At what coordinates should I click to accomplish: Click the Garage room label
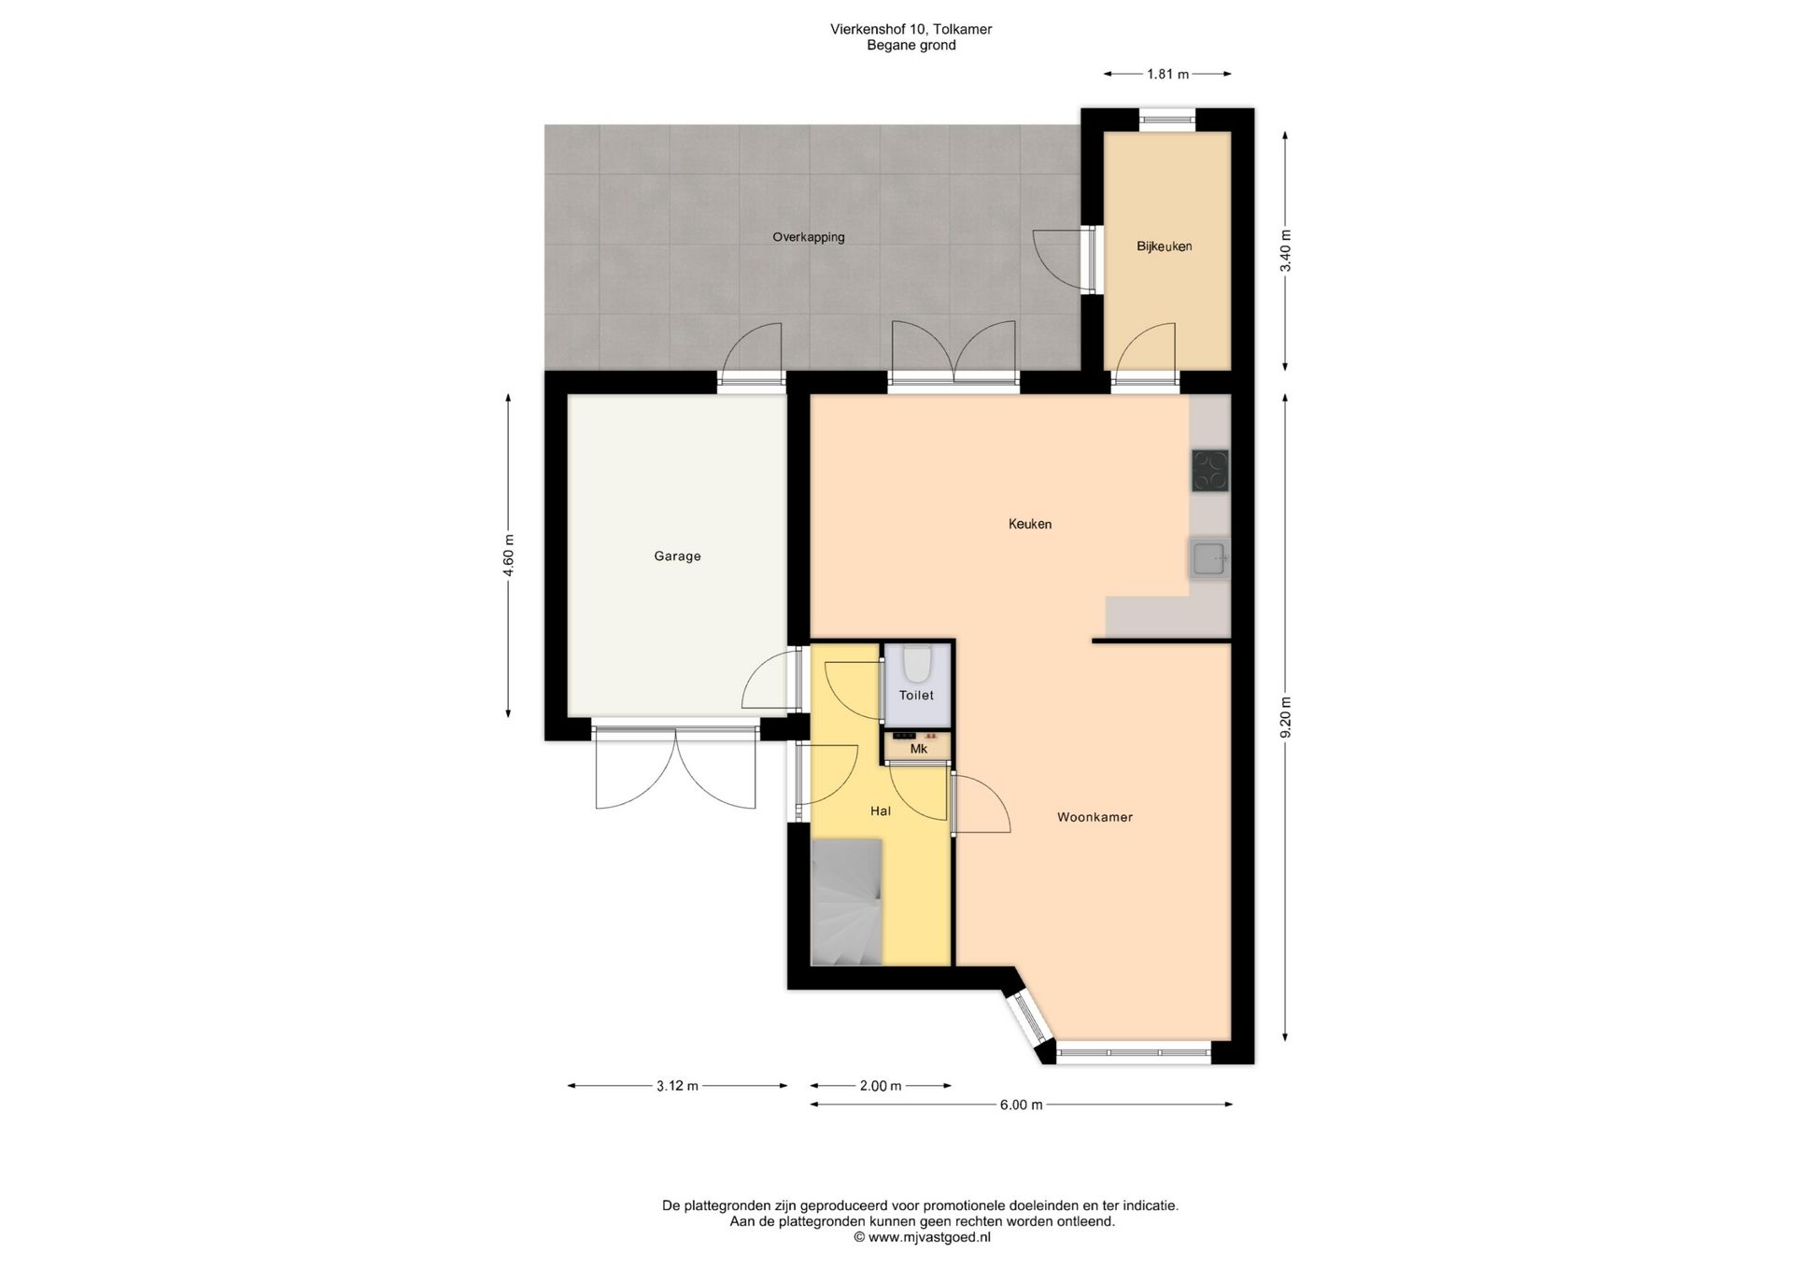pyautogui.click(x=677, y=557)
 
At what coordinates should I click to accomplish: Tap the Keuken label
pyautogui.click(x=1030, y=524)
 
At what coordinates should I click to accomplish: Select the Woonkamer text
pyautogui.click(x=1094, y=817)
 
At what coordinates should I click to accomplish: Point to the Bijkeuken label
pyautogui.click(x=1165, y=247)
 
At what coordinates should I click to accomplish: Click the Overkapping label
pyautogui.click(x=809, y=237)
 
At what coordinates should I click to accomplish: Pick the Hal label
pyautogui.click(x=881, y=811)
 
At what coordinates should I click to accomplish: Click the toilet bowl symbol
pyautogui.click(x=917, y=663)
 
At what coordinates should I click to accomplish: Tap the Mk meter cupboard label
pyautogui.click(x=919, y=749)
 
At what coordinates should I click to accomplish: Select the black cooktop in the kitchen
pyautogui.click(x=1210, y=471)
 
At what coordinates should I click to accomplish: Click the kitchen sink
pyautogui.click(x=1209, y=558)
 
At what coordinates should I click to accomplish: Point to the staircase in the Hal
pyautogui.click(x=847, y=902)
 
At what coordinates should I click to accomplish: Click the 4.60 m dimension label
pyautogui.click(x=509, y=556)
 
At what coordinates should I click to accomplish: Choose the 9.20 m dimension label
pyautogui.click(x=1286, y=717)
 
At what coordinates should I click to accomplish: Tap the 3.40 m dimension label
pyautogui.click(x=1286, y=251)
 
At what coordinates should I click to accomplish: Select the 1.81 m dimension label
pyautogui.click(x=1167, y=74)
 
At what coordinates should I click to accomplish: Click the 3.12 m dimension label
pyautogui.click(x=677, y=1086)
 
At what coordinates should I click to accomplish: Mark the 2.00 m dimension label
pyautogui.click(x=881, y=1086)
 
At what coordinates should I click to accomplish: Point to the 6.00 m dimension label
pyautogui.click(x=1021, y=1105)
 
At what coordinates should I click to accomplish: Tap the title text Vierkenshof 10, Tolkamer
pyautogui.click(x=911, y=29)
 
